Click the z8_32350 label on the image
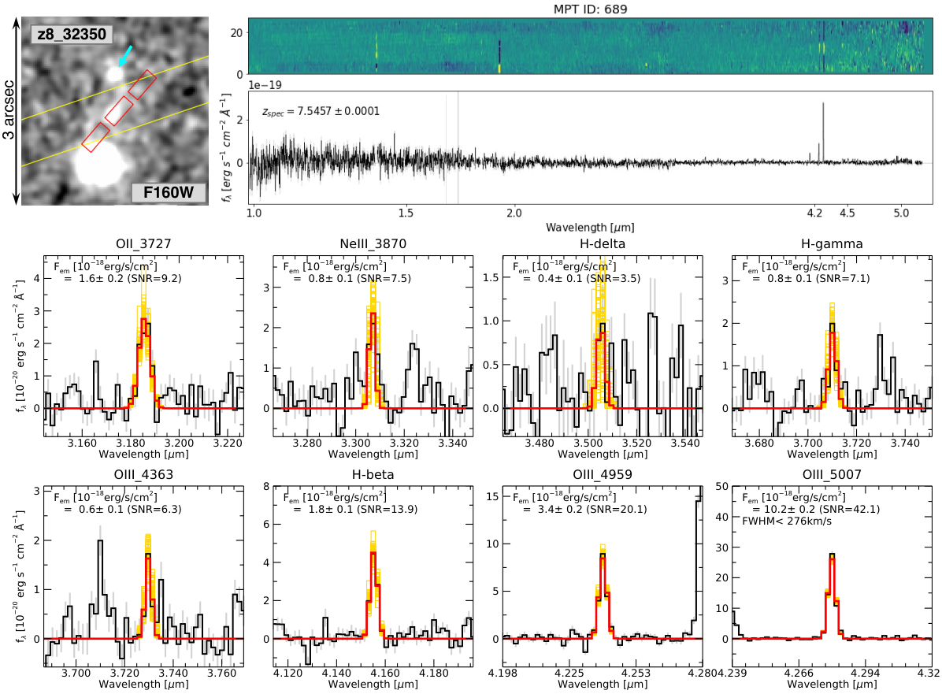(x=72, y=34)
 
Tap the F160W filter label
(x=169, y=192)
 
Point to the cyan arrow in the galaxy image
(x=125, y=55)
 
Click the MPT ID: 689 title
(x=590, y=9)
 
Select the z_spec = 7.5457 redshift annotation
(x=321, y=111)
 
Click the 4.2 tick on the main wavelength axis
(x=814, y=213)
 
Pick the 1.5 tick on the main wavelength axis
(x=406, y=213)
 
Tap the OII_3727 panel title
(x=143, y=244)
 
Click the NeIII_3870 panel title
(x=373, y=244)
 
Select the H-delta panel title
(x=603, y=244)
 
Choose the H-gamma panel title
(x=832, y=244)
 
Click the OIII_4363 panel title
(x=143, y=475)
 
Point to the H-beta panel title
(x=373, y=475)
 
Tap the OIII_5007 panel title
(x=832, y=475)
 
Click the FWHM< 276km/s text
(x=787, y=521)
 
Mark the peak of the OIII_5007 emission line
(x=832, y=554)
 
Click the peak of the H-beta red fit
(x=373, y=553)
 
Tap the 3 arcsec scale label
(x=9, y=109)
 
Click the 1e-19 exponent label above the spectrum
(x=265, y=85)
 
